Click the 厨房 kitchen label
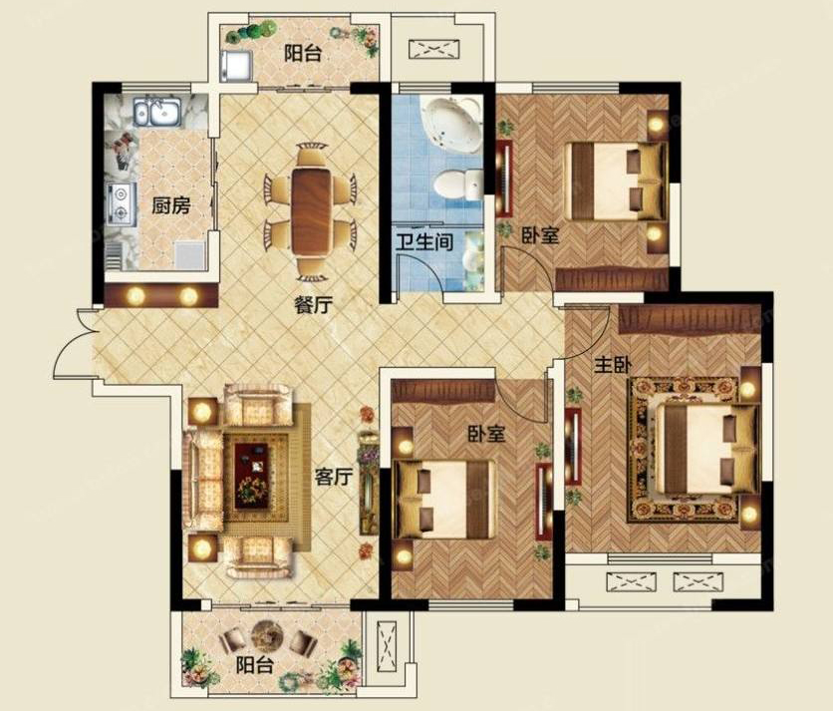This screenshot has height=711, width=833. pos(170,205)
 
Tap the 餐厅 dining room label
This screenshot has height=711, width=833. pos(314,305)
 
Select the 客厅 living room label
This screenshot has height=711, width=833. pos(334,477)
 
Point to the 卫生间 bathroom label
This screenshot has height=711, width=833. pos(424,242)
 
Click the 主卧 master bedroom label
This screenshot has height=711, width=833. pos(613,365)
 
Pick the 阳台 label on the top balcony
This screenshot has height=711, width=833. pos(303,54)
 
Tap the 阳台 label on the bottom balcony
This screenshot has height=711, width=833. pos(255,665)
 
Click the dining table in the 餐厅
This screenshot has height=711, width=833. pos(311,211)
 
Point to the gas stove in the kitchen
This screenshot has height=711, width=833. pos(122,202)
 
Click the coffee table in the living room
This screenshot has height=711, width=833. pos(253,476)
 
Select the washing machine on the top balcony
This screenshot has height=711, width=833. pos(235,66)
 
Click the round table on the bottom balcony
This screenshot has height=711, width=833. pos(267,635)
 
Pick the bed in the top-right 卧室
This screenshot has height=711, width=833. pos(616,180)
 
